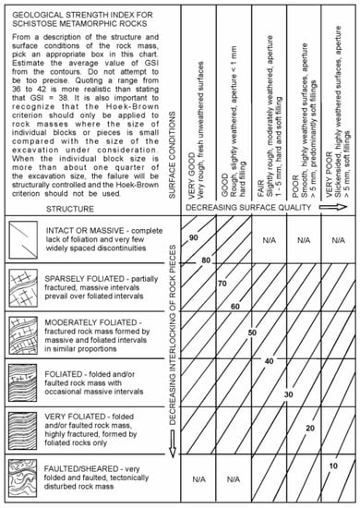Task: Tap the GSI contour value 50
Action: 252,331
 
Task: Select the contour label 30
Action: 288,394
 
